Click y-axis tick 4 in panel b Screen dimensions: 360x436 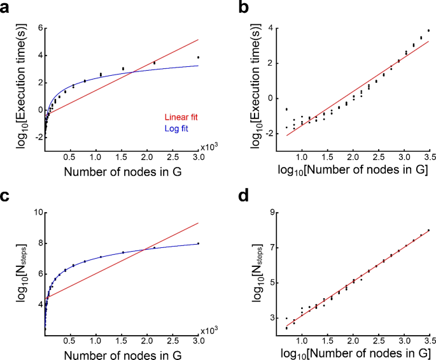click(x=269, y=28)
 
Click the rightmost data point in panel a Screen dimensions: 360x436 click(x=199, y=57)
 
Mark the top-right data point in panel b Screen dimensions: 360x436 click(x=428, y=30)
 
